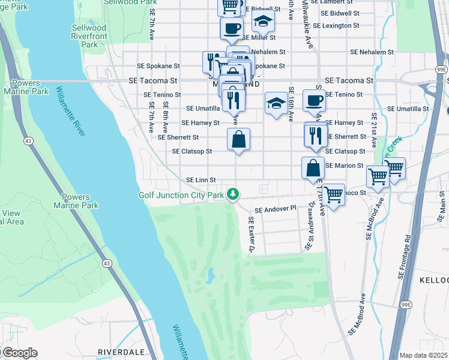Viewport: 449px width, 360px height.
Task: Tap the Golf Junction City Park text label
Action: coord(181,195)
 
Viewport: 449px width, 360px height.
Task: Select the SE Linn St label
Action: coord(200,180)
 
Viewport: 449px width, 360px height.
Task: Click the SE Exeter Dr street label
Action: coord(251,234)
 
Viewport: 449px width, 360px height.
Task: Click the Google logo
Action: coord(19,353)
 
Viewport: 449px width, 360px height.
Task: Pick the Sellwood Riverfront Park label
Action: coord(89,36)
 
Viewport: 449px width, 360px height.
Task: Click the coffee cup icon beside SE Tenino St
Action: coord(314,100)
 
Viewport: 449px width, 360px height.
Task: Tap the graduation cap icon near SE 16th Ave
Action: coord(276,103)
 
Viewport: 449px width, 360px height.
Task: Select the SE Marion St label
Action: coord(344,166)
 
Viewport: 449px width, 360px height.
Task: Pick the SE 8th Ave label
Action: coord(165,119)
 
